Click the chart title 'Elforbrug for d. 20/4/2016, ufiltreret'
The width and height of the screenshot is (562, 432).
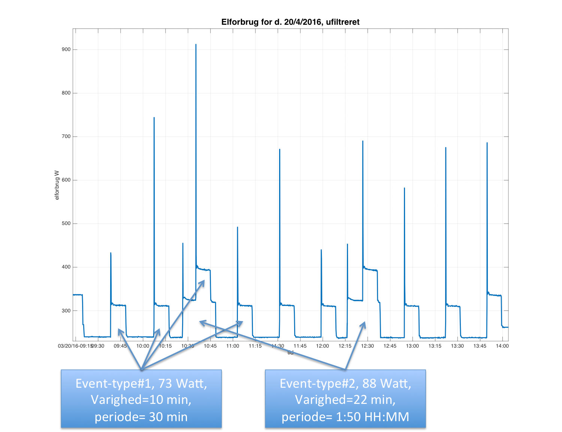290,22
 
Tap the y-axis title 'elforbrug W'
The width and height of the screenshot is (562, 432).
57,185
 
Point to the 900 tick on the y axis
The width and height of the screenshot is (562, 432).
66,49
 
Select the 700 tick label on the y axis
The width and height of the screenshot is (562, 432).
66,136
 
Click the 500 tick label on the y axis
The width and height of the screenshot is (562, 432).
66,223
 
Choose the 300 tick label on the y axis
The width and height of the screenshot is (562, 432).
66,310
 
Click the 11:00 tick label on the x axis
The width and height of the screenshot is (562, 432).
233,346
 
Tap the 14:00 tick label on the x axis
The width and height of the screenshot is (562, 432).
502,346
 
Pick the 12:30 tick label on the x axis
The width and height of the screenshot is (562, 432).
368,346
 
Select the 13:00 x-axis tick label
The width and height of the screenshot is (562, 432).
413,346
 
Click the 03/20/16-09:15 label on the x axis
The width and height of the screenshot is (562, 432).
75,346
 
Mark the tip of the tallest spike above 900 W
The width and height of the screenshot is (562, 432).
196,45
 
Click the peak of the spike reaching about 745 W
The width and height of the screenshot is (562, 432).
154,118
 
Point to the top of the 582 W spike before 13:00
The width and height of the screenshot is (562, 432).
404,188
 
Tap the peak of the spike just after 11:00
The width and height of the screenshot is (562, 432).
238,227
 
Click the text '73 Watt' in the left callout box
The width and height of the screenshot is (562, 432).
182,383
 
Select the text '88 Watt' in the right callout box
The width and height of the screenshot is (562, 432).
387,383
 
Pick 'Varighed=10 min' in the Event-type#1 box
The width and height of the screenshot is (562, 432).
141,400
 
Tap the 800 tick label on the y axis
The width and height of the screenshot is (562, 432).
66,93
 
